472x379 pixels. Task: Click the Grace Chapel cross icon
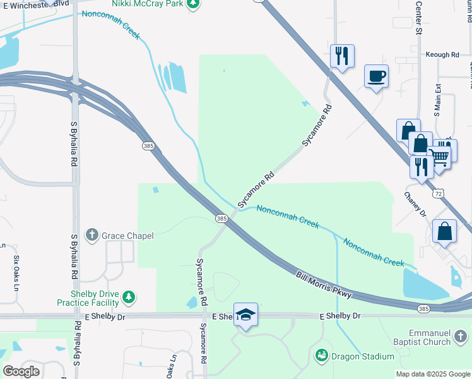click(92, 236)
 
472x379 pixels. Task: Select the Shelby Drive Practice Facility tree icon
click(129, 297)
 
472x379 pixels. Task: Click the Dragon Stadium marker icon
click(322, 356)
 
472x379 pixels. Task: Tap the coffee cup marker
click(376, 76)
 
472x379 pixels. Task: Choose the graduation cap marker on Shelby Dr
click(245, 315)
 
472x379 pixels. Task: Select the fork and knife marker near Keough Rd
click(342, 56)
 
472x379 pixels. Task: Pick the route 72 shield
click(438, 193)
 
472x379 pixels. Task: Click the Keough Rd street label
click(442, 55)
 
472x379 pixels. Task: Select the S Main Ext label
click(437, 100)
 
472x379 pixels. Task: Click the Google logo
click(21, 371)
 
